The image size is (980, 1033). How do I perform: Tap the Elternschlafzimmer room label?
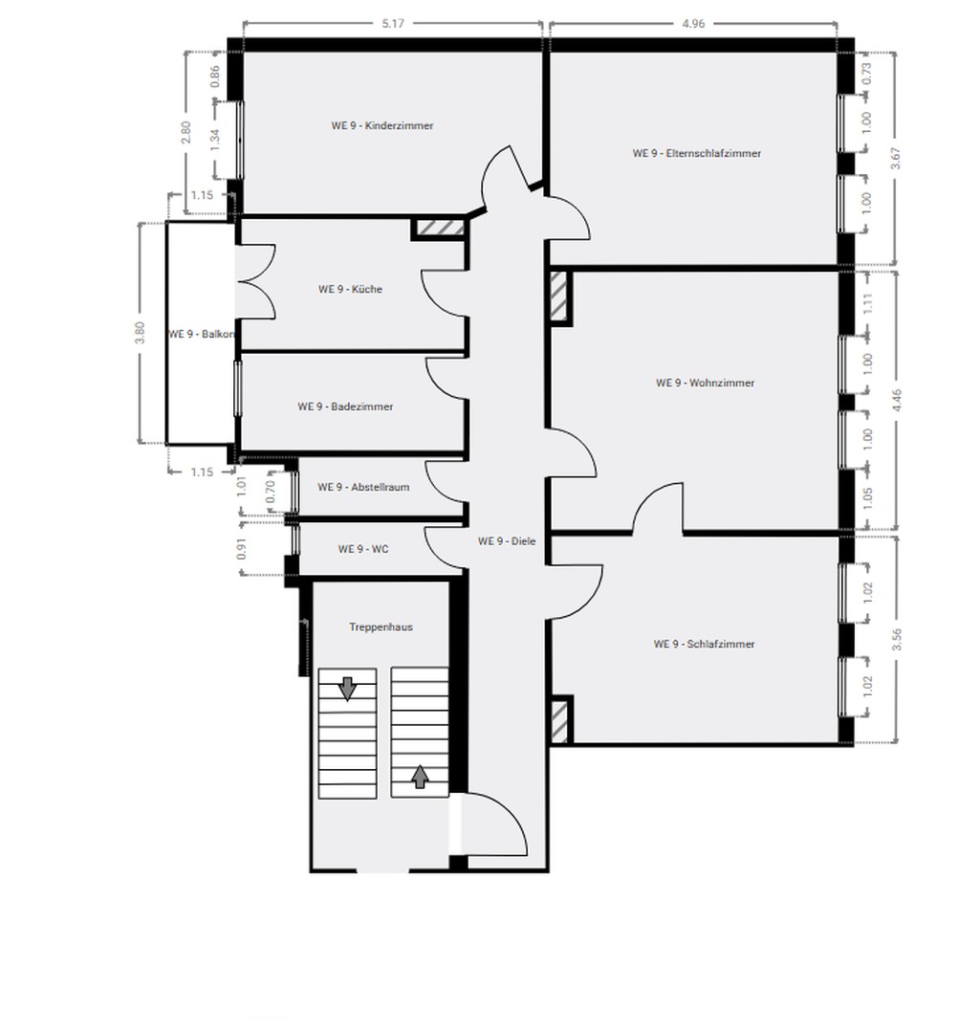(696, 153)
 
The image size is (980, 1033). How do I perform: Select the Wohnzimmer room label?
(705, 383)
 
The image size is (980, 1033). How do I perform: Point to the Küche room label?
(350, 289)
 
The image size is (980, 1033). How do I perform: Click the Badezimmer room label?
(345, 407)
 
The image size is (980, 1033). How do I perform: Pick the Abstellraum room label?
(363, 487)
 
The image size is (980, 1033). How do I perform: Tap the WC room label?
(362, 549)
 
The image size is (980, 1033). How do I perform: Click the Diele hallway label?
(507, 541)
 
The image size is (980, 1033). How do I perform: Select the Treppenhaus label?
(381, 627)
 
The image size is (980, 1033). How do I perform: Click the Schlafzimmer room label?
(704, 644)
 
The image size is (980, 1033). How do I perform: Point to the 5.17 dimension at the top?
(391, 24)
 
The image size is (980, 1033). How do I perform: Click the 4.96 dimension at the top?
(693, 24)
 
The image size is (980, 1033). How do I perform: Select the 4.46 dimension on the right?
(896, 400)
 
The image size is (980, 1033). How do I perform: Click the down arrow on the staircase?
(347, 687)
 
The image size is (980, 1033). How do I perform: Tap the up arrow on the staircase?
(419, 776)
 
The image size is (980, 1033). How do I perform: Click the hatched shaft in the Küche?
(439, 229)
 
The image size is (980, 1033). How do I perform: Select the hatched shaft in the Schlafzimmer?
(560, 720)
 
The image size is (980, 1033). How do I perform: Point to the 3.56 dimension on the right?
(896, 640)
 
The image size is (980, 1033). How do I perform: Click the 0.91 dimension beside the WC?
(243, 549)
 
